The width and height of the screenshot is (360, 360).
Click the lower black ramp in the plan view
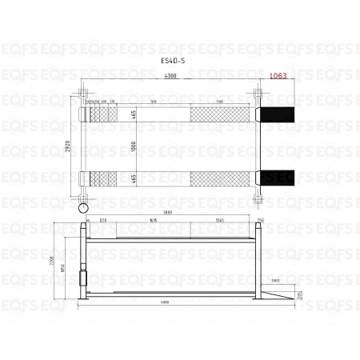pos(275,176)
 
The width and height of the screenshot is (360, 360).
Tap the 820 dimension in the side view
pos(103,220)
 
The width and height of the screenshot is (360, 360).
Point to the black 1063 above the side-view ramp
pos(275,281)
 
